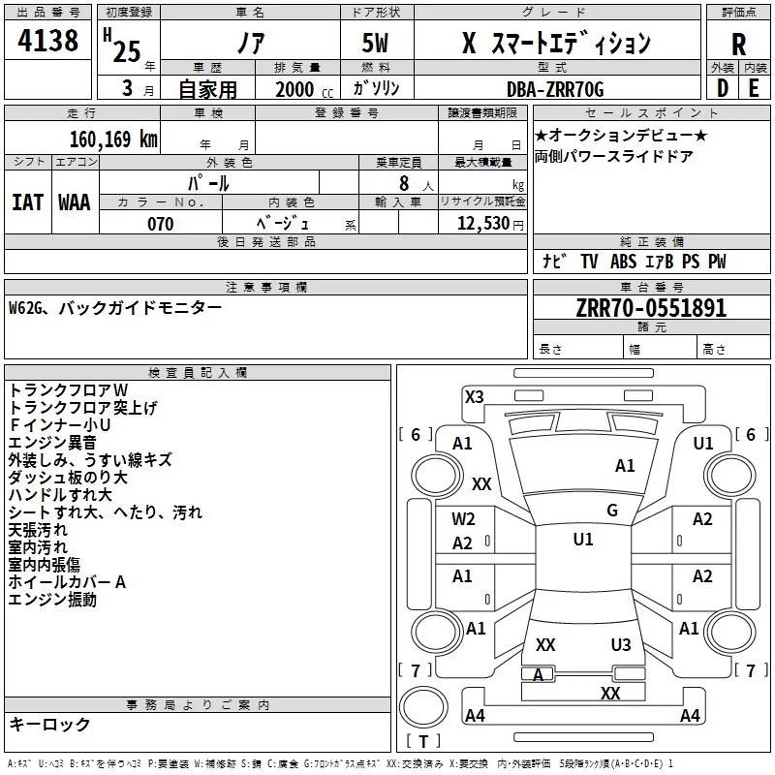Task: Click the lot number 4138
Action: pyautogui.click(x=48, y=42)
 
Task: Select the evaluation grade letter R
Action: pyautogui.click(x=738, y=44)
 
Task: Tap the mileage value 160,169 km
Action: pyautogui.click(x=113, y=139)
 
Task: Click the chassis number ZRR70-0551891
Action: pyautogui.click(x=651, y=309)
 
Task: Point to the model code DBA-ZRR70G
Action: pyautogui.click(x=555, y=89)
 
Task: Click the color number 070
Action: pyautogui.click(x=161, y=224)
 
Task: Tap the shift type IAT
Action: pyautogui.click(x=27, y=201)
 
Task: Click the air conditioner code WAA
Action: pyautogui.click(x=75, y=201)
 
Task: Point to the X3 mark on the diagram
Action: pyautogui.click(x=474, y=396)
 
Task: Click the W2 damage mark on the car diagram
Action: pyautogui.click(x=463, y=518)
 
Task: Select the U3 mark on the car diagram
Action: pyautogui.click(x=621, y=644)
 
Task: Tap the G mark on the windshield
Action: pyautogui.click(x=612, y=510)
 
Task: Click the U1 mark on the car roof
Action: pyautogui.click(x=582, y=540)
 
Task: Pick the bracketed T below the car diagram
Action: pyautogui.click(x=422, y=742)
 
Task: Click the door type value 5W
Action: pyautogui.click(x=377, y=44)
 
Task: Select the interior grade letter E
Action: pyautogui.click(x=753, y=88)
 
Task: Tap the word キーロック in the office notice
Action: pyautogui.click(x=49, y=724)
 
